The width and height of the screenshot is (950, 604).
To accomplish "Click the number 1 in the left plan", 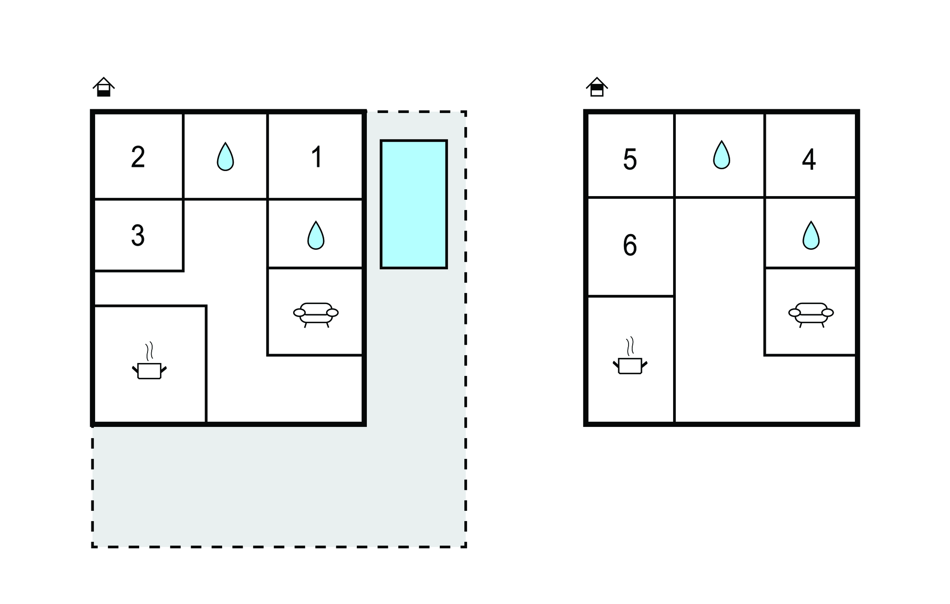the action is [x=317, y=157].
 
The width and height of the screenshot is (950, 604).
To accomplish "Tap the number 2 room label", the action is [x=138, y=157].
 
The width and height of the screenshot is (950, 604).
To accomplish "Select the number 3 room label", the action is [x=138, y=235].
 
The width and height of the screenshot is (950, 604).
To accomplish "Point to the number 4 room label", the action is [x=809, y=160].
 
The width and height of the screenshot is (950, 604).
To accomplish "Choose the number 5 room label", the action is [x=629, y=160].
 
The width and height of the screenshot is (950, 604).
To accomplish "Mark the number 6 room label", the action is [x=629, y=245].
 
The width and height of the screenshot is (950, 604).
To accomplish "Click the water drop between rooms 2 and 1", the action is [x=225, y=156].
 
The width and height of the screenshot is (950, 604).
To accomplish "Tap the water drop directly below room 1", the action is [x=316, y=235].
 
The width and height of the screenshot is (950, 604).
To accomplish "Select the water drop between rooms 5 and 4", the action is [x=721, y=154].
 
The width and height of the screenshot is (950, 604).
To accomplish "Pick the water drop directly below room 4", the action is [x=811, y=235].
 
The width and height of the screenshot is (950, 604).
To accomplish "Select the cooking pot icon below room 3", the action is [x=149, y=370].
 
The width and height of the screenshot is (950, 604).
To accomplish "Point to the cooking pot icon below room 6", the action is [x=630, y=366].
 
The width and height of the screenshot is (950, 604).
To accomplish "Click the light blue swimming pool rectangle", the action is [x=414, y=204].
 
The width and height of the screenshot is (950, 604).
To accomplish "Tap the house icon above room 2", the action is [x=104, y=87].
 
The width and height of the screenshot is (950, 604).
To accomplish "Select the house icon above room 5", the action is [x=597, y=87].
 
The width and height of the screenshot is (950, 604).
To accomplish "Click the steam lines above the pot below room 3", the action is [x=149, y=351].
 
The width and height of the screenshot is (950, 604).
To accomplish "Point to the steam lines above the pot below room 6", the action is [x=630, y=346].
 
